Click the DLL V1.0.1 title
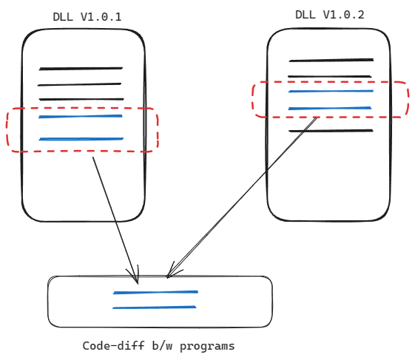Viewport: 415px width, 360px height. coord(87,17)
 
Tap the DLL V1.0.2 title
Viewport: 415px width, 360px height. coord(329,15)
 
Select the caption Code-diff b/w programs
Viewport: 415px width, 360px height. coord(158,346)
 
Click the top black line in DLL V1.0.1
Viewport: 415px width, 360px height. coord(81,69)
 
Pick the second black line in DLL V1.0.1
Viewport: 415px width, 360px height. coord(79,85)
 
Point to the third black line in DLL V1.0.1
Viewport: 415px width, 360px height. coord(81,100)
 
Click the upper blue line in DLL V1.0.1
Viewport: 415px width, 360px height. coord(81,116)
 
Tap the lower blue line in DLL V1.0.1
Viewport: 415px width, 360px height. coord(81,139)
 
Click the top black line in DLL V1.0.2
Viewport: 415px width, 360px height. coord(331,61)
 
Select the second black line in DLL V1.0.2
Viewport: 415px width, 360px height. coord(330,76)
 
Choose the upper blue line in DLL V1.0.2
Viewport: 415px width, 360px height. coord(331,91)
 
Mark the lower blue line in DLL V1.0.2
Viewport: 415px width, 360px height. coord(330,108)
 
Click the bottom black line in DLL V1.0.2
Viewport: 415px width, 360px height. coord(331,131)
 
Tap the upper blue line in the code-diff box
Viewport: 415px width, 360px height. coord(155,292)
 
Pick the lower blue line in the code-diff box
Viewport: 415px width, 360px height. coord(155,308)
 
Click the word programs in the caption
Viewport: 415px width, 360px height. coord(207,347)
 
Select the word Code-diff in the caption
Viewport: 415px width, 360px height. coord(113,346)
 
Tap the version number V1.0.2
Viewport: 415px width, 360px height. coord(343,15)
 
